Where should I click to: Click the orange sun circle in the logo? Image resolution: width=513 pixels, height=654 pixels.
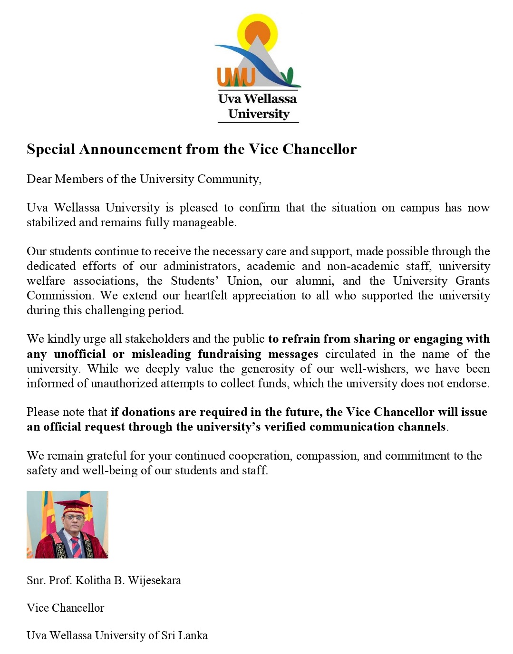pos(257,33)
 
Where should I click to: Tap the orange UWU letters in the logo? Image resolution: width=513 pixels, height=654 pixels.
pos(236,77)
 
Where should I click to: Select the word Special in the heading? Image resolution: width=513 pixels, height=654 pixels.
pos(51,149)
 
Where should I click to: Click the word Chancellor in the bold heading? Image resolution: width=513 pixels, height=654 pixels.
pos(319,149)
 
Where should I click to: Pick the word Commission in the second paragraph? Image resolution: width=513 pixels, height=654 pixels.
pos(59,296)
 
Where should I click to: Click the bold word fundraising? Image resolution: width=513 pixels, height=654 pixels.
pos(230,354)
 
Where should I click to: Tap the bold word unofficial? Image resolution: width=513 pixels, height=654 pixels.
pos(80,354)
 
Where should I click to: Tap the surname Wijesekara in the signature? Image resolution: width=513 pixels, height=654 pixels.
pos(155,580)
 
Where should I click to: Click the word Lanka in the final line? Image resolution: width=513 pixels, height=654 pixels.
pos(193,635)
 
